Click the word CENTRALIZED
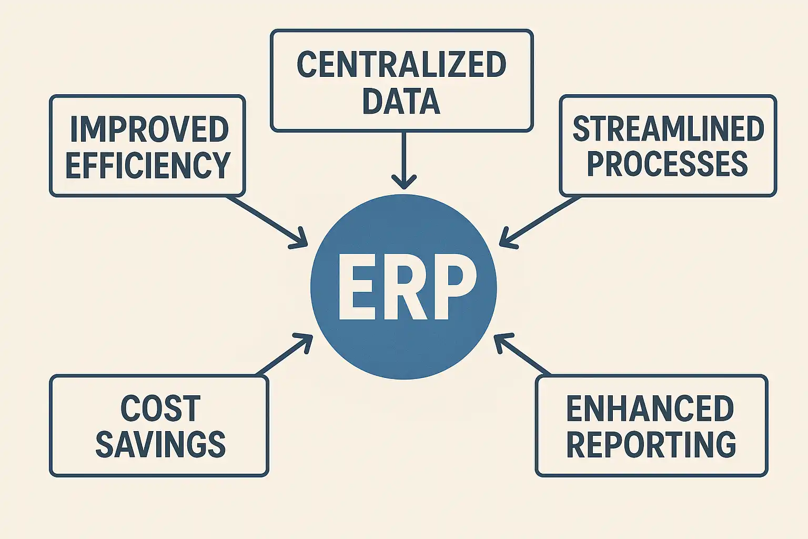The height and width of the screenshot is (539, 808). (401, 65)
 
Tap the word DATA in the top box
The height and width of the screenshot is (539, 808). (401, 101)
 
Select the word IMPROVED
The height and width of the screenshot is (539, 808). (149, 129)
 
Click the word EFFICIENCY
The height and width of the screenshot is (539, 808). (148, 165)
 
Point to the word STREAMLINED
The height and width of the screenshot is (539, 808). (668, 129)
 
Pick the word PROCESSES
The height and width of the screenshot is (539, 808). (667, 164)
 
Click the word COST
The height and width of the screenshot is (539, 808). (160, 408)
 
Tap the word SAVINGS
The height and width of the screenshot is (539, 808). (160, 444)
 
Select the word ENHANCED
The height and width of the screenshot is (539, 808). (650, 408)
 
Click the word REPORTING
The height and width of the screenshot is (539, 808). (651, 444)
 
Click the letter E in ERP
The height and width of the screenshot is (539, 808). (358, 287)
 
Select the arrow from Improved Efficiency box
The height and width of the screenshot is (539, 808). (266, 221)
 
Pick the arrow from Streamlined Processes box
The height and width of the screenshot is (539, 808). (542, 221)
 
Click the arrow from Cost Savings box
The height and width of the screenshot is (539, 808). (284, 355)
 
